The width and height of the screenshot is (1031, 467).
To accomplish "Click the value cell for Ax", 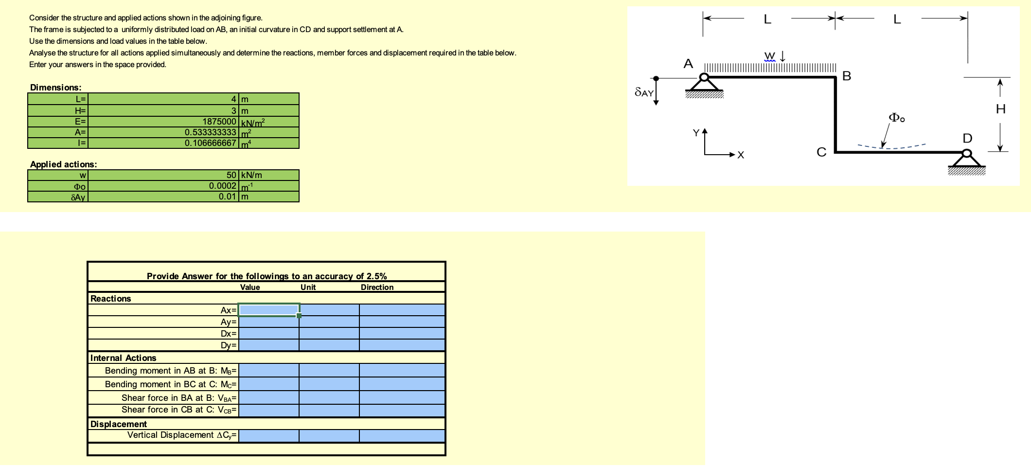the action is [x=269, y=310].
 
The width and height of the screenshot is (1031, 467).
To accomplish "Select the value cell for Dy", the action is [x=269, y=345].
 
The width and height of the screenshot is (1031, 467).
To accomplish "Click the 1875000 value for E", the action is [x=219, y=122].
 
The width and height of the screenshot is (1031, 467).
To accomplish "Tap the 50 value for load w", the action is [x=231, y=175].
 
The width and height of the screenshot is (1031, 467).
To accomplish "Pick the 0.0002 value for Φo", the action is [x=223, y=186].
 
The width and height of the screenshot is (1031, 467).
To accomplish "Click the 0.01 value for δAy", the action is [x=228, y=197].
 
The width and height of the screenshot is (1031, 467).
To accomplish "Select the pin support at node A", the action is [x=704, y=85].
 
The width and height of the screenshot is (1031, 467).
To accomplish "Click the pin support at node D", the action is [x=967, y=162].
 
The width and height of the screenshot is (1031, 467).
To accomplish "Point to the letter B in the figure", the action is [x=847, y=76].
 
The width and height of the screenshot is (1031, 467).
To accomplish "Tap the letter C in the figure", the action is [x=821, y=153].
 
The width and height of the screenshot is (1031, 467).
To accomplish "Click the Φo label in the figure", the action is [x=896, y=118].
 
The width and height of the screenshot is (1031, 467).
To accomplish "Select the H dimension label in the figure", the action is [x=1000, y=109].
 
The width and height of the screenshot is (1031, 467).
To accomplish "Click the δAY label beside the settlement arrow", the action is [x=644, y=92].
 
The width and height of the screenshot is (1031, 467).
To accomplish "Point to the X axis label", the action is [x=741, y=155].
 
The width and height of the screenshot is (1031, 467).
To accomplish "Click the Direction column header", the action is [x=377, y=287].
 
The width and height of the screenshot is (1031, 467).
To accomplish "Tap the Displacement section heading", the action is [x=119, y=424].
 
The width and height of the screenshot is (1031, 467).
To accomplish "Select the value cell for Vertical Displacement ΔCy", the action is [x=269, y=435].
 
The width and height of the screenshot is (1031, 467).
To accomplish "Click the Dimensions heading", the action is [x=56, y=88].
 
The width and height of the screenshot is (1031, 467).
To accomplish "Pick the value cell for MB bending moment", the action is [x=269, y=371].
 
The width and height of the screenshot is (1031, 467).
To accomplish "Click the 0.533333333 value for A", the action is [x=211, y=132].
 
